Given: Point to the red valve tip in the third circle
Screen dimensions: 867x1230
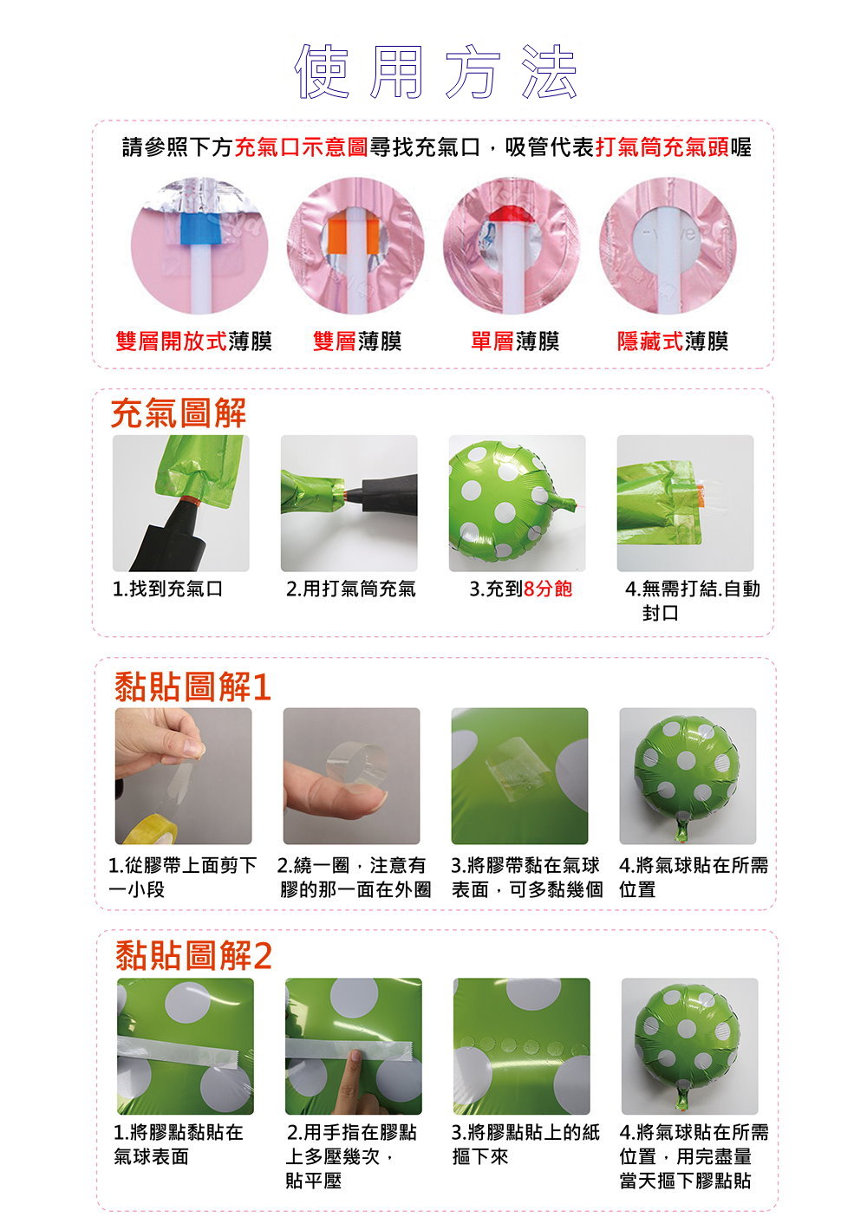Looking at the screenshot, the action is tap(512, 213).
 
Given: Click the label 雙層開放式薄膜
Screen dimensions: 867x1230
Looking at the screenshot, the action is tap(194, 341).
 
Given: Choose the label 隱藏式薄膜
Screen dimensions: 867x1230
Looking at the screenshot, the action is tap(673, 341).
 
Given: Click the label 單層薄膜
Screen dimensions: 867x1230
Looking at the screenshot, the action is tap(515, 341).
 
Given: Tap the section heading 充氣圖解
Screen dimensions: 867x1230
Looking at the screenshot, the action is tap(179, 413).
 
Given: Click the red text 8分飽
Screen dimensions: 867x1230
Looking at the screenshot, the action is tap(548, 589).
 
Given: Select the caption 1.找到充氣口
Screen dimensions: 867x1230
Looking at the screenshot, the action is tap(167, 589).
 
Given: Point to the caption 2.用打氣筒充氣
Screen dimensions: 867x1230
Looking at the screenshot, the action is tap(351, 589).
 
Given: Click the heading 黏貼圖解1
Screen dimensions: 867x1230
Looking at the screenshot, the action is tap(192, 687).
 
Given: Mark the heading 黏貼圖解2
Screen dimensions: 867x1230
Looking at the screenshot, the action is tap(194, 955).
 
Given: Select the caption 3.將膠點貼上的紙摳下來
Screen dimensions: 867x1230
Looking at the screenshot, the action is tap(525, 1144).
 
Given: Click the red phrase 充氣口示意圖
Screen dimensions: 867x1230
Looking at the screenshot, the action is tap(302, 147).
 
